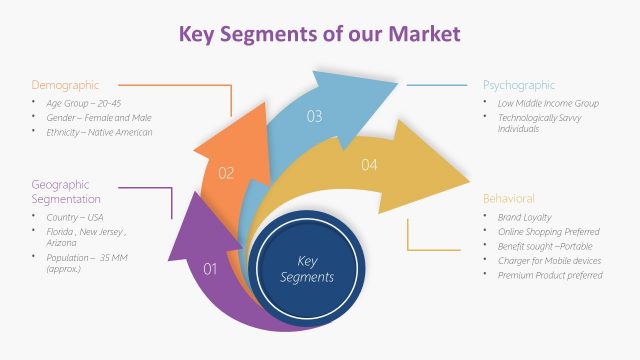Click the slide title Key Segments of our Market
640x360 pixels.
319,34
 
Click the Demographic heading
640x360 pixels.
65,85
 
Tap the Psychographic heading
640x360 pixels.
519,85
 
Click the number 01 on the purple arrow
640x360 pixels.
210,268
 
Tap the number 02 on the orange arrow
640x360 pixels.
226,173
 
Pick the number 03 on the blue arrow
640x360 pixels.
314,117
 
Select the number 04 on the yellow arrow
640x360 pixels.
369,164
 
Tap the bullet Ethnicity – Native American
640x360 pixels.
99,132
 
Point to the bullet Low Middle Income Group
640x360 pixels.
548,103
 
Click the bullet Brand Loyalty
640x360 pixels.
524,217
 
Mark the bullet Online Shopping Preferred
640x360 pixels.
548,231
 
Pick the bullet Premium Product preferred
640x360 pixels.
549,275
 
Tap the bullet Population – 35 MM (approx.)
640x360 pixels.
88,264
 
